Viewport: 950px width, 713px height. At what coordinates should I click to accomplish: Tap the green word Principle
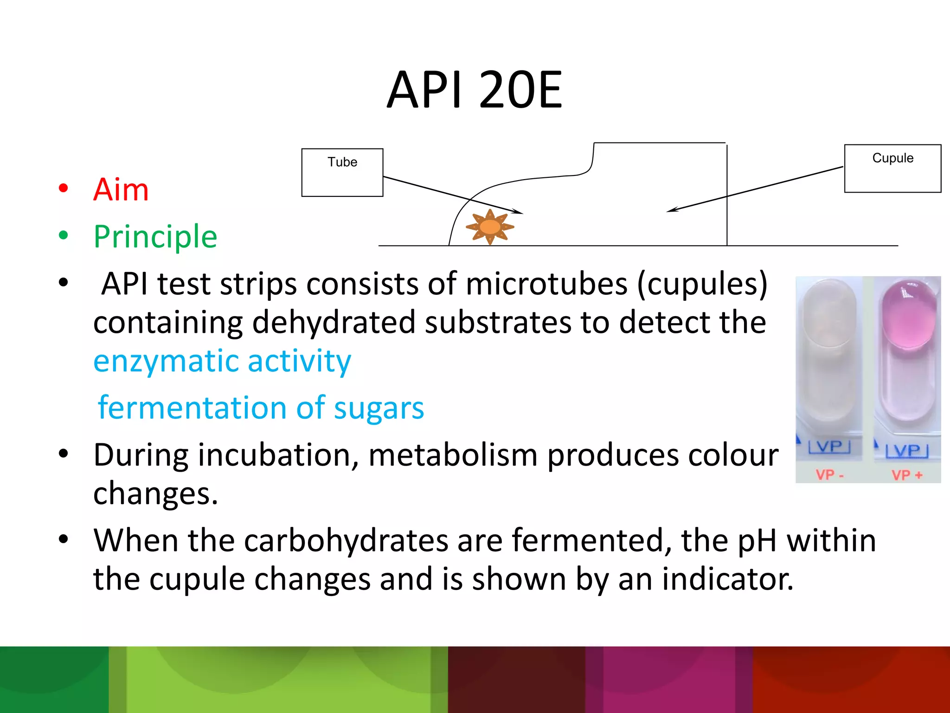pos(155,237)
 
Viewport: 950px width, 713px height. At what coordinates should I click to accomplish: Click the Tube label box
pos(342,172)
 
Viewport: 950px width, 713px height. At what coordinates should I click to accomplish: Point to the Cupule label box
pos(892,168)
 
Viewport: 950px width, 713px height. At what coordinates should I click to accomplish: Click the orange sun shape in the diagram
pos(490,227)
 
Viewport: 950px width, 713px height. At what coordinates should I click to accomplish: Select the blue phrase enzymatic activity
pos(222,361)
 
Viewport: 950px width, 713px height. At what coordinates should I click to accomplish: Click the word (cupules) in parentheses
pos(702,284)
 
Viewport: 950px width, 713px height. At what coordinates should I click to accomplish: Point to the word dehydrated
pos(334,322)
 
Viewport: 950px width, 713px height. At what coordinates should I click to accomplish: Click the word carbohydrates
pos(346,540)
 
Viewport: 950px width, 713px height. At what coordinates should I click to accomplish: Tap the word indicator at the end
pos(727,579)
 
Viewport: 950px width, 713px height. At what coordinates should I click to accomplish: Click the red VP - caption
pos(829,475)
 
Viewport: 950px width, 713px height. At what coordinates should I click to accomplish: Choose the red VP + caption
pos(907,475)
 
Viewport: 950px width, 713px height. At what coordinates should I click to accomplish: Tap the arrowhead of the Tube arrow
pos(519,212)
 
